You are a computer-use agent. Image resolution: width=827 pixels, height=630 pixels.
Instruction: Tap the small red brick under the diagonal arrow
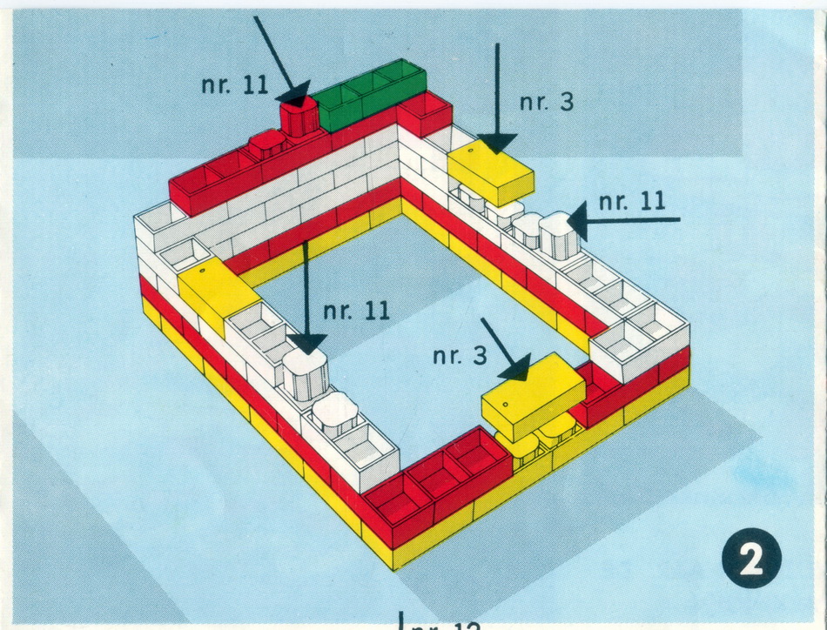point(299,117)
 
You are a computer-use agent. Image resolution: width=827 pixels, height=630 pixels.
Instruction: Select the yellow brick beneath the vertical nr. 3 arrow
point(490,174)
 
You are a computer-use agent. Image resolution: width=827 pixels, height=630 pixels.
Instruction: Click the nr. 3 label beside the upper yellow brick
point(547,102)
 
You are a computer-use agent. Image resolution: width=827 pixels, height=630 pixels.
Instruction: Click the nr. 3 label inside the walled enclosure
point(459,355)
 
